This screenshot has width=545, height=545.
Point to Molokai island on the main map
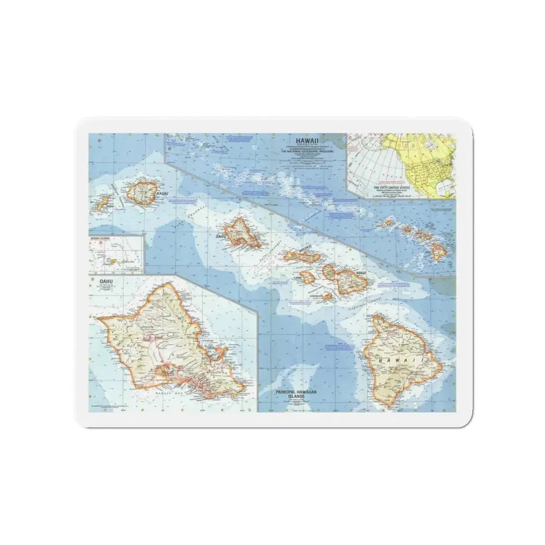click(302, 256)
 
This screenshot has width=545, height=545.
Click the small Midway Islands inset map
click(116, 254)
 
